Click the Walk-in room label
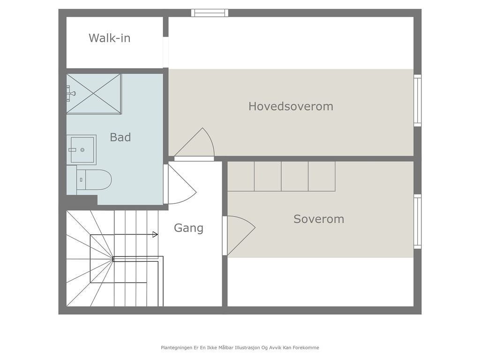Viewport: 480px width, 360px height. coord(109,38)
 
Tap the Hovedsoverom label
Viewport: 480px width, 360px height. coord(291,106)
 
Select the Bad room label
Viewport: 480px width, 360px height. coord(120,137)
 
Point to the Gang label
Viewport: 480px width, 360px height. coord(188,228)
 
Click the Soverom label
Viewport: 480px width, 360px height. coord(319,219)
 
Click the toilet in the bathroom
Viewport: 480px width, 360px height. coord(96,180)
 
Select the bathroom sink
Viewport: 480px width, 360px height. coord(81,150)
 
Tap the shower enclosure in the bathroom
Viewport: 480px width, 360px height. coord(94,94)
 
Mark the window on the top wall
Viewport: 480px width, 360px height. coord(210,13)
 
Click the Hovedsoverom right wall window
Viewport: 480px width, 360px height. coord(417,100)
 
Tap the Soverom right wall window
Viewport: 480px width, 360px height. coord(417,221)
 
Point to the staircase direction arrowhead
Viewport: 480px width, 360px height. coord(155,234)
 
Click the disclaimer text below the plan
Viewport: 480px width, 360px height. coord(240,348)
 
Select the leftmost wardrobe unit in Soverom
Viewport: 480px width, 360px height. coord(241,176)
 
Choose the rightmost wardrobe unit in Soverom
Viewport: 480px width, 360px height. coord(322,176)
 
